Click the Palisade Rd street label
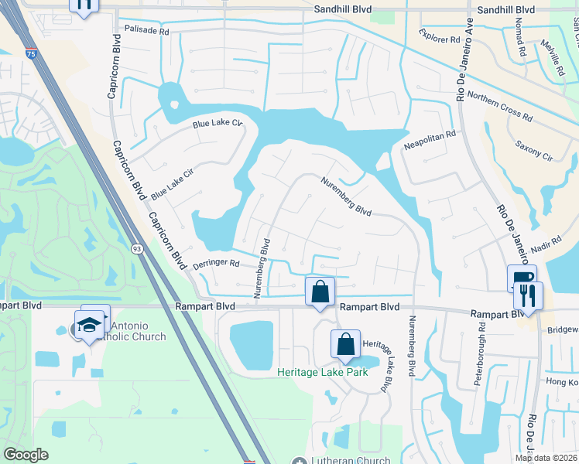coord(146,31)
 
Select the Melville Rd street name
coord(555,58)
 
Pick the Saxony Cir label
coord(534,152)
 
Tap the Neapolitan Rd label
coord(430,140)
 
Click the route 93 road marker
coord(136,249)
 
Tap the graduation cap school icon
coord(91,323)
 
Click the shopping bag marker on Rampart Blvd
coord(320,292)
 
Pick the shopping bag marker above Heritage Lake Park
coord(346,344)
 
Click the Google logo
coord(26,455)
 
